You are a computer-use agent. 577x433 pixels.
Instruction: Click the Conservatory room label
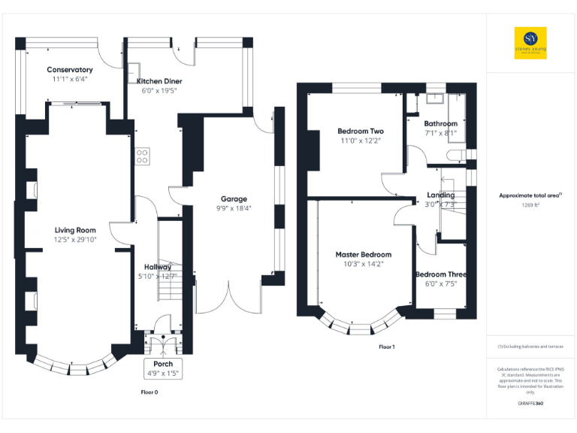[x=69, y=70]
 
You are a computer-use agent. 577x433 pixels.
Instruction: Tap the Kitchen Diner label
[x=159, y=81]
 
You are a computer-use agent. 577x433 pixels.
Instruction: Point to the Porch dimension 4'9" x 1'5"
[x=163, y=374]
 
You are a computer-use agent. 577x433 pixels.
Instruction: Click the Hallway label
[x=158, y=267]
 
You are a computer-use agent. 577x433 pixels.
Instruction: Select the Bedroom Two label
[x=361, y=132]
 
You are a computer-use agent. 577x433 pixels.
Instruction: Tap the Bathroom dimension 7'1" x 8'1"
[x=440, y=133]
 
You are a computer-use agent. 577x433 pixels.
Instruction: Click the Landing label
[x=440, y=195]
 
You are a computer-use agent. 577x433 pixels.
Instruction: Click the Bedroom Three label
[x=440, y=274]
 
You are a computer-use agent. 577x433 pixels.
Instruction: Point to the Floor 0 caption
[x=150, y=392]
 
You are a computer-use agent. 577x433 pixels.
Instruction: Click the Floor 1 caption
[x=386, y=347]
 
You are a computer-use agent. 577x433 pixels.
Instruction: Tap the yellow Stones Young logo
[x=530, y=43]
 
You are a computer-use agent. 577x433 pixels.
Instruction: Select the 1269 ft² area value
[x=530, y=204]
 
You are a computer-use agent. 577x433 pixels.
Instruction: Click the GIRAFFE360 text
[x=530, y=404]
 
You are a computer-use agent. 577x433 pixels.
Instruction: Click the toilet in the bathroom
[x=453, y=154]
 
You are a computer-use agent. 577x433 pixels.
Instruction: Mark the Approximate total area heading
[x=530, y=195]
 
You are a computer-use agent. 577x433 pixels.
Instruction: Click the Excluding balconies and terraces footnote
[x=530, y=347]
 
